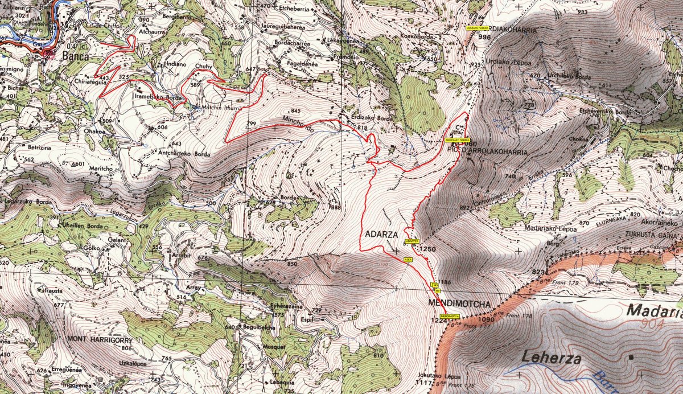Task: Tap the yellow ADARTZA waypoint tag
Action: point(412,241)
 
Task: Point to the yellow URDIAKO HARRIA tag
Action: point(478,27)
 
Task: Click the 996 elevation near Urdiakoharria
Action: point(484,36)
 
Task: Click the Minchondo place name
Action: point(298,124)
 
